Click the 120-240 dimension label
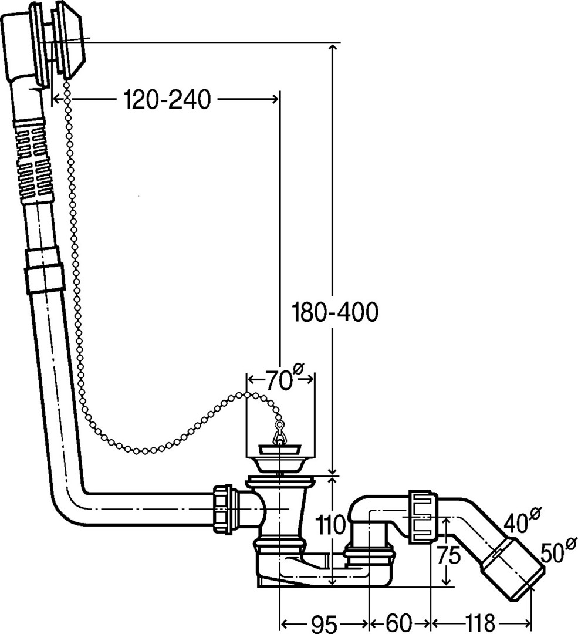click(x=167, y=100)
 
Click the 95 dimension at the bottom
click(x=323, y=622)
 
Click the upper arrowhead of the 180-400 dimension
click(x=333, y=47)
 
